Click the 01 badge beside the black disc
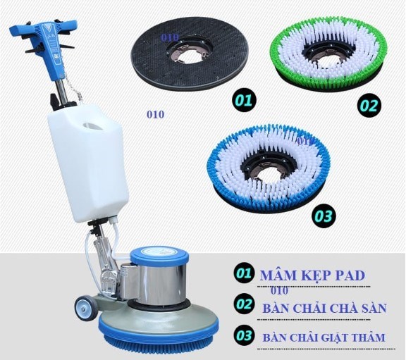[x=244, y=100]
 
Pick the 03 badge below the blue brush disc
[x=323, y=216]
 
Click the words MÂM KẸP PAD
[x=312, y=275]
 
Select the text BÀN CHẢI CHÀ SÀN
[x=324, y=309]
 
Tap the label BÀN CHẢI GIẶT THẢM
[x=324, y=337]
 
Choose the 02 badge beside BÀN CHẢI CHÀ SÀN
[x=244, y=305]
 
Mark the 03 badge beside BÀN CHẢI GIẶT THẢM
[x=244, y=336]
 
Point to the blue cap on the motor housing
[x=159, y=256]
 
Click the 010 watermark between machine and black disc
[x=155, y=114]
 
